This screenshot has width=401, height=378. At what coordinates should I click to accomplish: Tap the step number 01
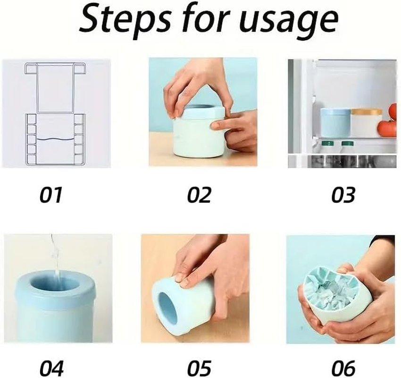[50, 195]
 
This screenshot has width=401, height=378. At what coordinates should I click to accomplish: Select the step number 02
[199, 195]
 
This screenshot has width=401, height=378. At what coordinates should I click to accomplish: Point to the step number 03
[343, 195]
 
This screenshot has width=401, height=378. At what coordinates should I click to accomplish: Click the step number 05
[199, 368]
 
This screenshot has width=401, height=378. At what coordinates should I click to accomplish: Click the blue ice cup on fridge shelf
[335, 122]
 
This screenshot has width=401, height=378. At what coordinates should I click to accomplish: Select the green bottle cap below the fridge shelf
[348, 143]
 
